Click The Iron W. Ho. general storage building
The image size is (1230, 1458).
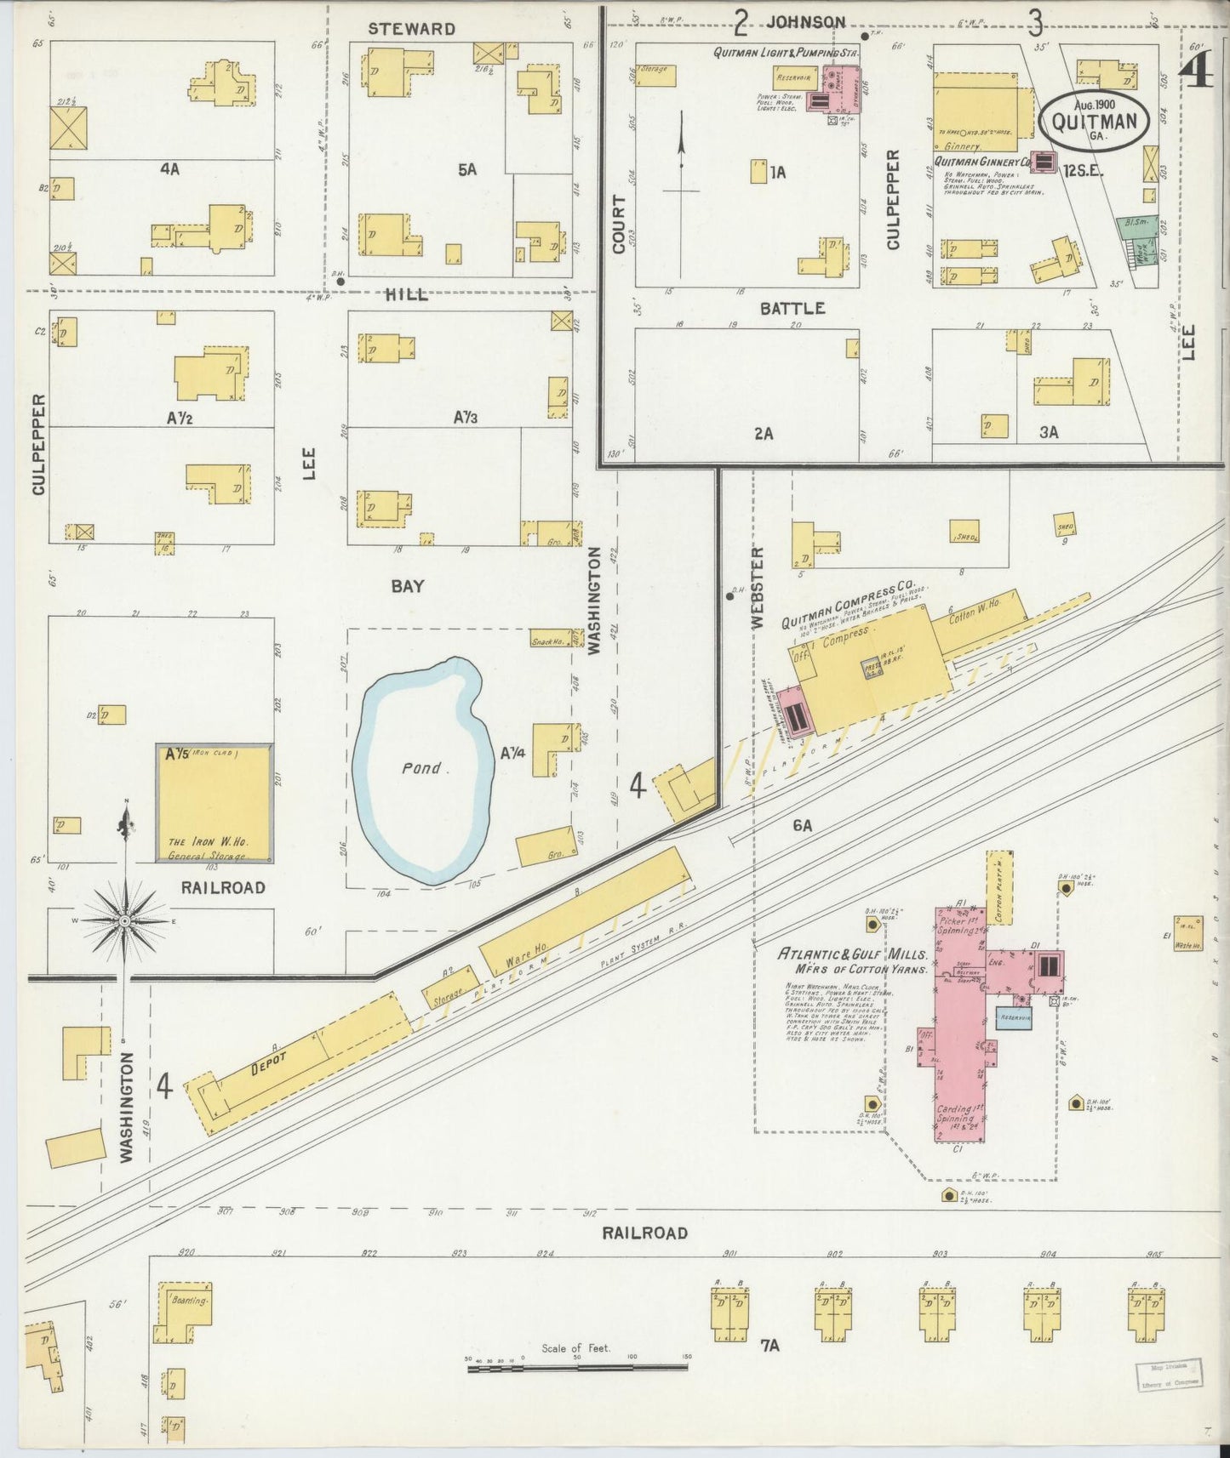pyautogui.click(x=215, y=804)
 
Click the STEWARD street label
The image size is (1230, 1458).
pyautogui.click(x=411, y=29)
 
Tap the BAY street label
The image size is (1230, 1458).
pyautogui.click(x=407, y=586)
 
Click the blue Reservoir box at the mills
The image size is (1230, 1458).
pyautogui.click(x=1015, y=1017)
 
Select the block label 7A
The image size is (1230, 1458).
pyautogui.click(x=769, y=1345)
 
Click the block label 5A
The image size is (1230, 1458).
pyautogui.click(x=466, y=169)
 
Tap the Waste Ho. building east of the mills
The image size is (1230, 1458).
pyautogui.click(x=1189, y=932)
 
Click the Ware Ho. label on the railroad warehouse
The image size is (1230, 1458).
pyautogui.click(x=528, y=949)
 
